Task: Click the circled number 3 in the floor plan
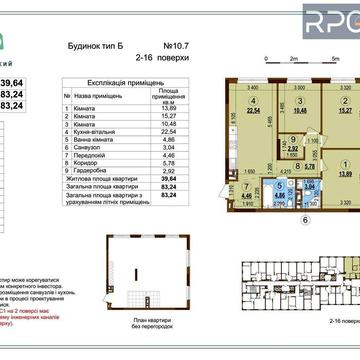point(297,101)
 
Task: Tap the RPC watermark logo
point(329,22)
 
